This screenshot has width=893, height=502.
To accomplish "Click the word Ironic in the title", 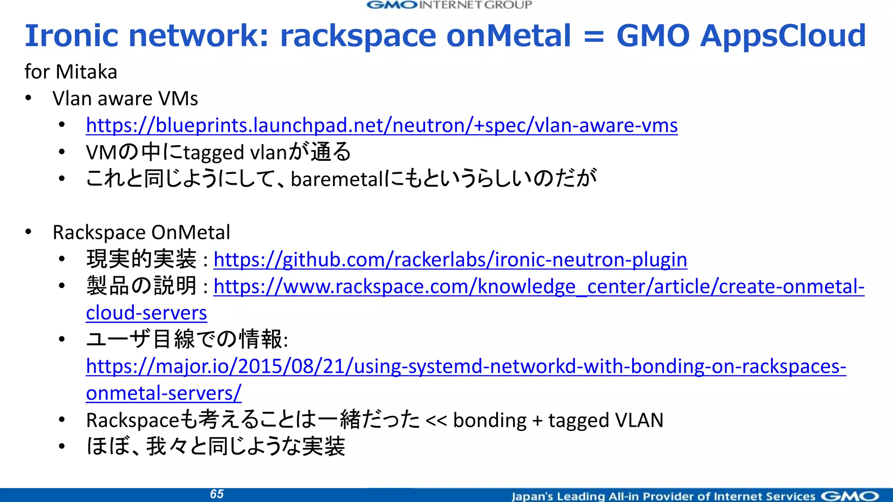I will (71, 35).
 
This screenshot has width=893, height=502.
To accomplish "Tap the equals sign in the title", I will (593, 36).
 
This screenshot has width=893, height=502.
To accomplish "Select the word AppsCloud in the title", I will (783, 35).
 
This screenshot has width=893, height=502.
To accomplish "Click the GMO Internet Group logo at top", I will (450, 5).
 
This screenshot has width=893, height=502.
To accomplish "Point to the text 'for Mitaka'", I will (71, 72).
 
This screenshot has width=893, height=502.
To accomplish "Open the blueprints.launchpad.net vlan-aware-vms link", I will (382, 125).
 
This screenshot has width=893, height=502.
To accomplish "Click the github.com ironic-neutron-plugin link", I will (450, 260).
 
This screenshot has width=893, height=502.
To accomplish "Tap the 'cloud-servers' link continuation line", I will (147, 313).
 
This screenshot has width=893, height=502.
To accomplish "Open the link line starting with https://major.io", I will (466, 366).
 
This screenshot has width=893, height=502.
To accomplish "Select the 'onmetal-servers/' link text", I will (164, 393).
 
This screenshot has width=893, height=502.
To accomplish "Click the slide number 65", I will (217, 494).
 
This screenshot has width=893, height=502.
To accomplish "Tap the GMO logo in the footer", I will (850, 496).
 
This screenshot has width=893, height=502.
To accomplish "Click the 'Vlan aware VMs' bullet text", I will (125, 99).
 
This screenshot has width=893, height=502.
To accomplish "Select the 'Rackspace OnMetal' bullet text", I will (141, 233).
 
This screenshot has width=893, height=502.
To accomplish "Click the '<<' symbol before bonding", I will (436, 421).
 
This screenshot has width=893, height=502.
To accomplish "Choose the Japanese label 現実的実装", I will (141, 260).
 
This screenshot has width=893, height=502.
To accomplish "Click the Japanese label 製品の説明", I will (141, 286).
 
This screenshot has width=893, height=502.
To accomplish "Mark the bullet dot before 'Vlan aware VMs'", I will (28, 98).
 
